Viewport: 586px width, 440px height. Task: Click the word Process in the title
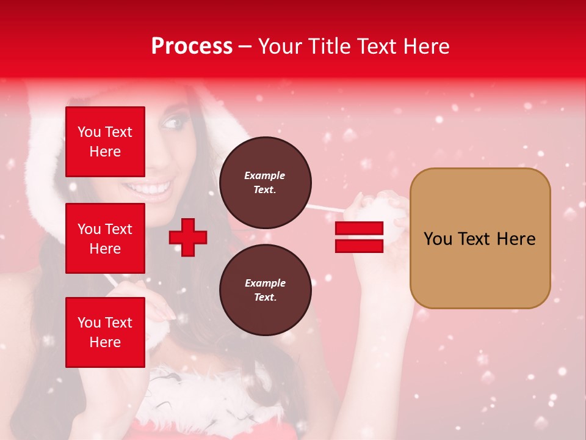[192, 46]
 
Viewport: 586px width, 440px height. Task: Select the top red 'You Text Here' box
[105, 142]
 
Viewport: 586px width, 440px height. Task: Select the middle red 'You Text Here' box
[105, 238]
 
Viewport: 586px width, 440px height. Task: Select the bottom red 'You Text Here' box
[105, 332]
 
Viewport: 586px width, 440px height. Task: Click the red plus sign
[188, 237]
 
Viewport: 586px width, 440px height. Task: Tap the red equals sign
[359, 237]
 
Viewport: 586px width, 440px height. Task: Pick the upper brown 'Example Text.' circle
[265, 182]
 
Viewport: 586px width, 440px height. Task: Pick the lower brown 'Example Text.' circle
[265, 290]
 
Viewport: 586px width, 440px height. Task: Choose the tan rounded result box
[480, 238]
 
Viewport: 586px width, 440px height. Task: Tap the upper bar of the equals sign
[359, 228]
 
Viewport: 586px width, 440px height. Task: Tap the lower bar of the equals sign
[359, 246]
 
